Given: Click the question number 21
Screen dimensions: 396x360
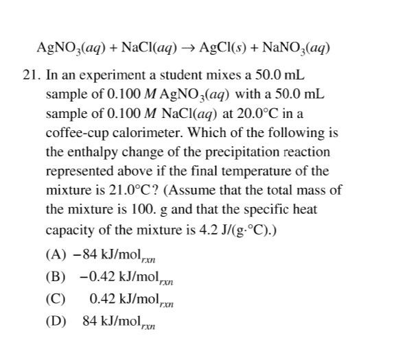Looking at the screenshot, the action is point(31,73).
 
